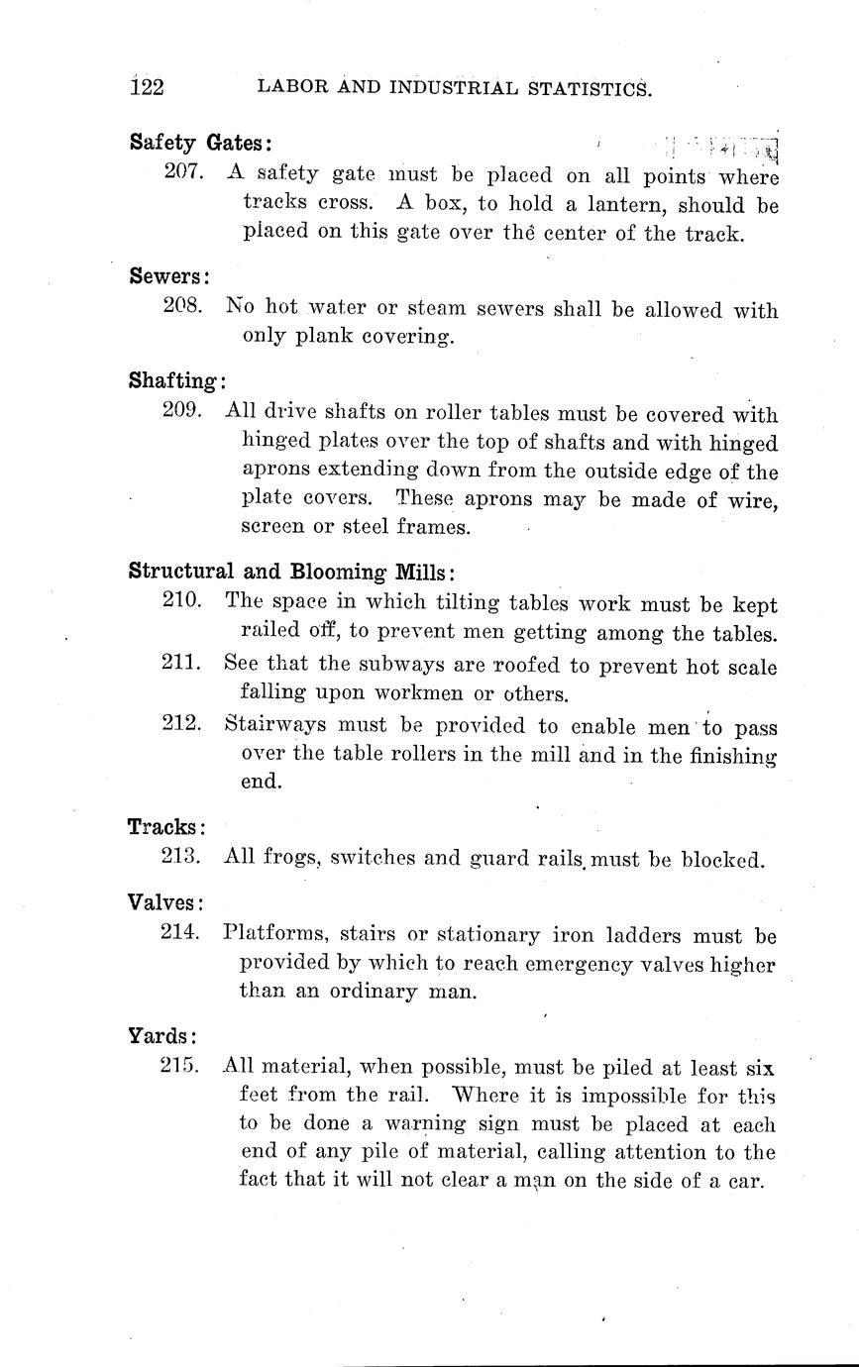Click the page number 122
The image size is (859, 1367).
point(147,87)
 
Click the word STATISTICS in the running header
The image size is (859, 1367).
point(582,88)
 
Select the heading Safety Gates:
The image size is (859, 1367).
point(201,142)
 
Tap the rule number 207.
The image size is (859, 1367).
point(185,171)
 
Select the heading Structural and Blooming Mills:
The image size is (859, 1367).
point(292,572)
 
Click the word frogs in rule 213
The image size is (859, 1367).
point(290,858)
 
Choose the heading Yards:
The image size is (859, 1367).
point(162,1037)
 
